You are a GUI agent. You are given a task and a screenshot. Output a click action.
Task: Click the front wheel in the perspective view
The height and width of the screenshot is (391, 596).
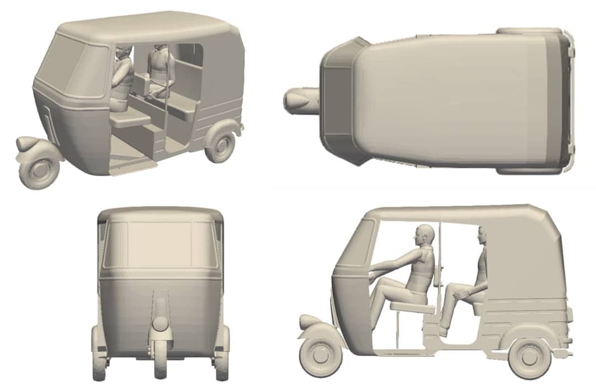(x=39, y=170)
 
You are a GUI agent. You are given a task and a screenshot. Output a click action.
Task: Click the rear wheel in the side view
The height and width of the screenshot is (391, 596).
(x=530, y=356)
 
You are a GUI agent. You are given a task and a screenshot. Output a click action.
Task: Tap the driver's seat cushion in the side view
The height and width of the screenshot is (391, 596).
(x=412, y=307)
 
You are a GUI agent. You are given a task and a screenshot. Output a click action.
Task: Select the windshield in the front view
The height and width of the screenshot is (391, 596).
(x=160, y=244)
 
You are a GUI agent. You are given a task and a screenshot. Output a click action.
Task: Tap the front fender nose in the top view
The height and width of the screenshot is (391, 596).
(x=301, y=100)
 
